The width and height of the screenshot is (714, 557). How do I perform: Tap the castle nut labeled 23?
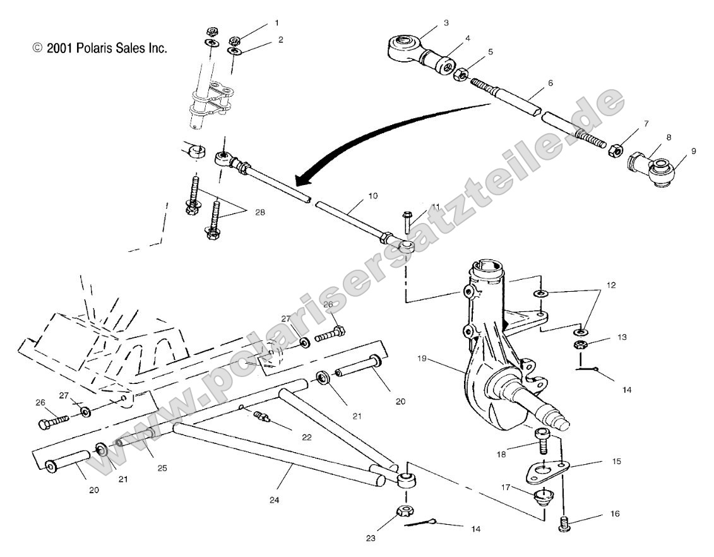tap(404, 512)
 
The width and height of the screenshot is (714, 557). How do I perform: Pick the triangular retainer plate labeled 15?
tap(544, 470)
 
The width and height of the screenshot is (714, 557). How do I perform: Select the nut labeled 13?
tap(580, 345)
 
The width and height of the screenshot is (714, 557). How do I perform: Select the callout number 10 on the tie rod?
tap(372, 196)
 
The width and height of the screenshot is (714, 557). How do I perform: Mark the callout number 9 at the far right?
tap(676, 152)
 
